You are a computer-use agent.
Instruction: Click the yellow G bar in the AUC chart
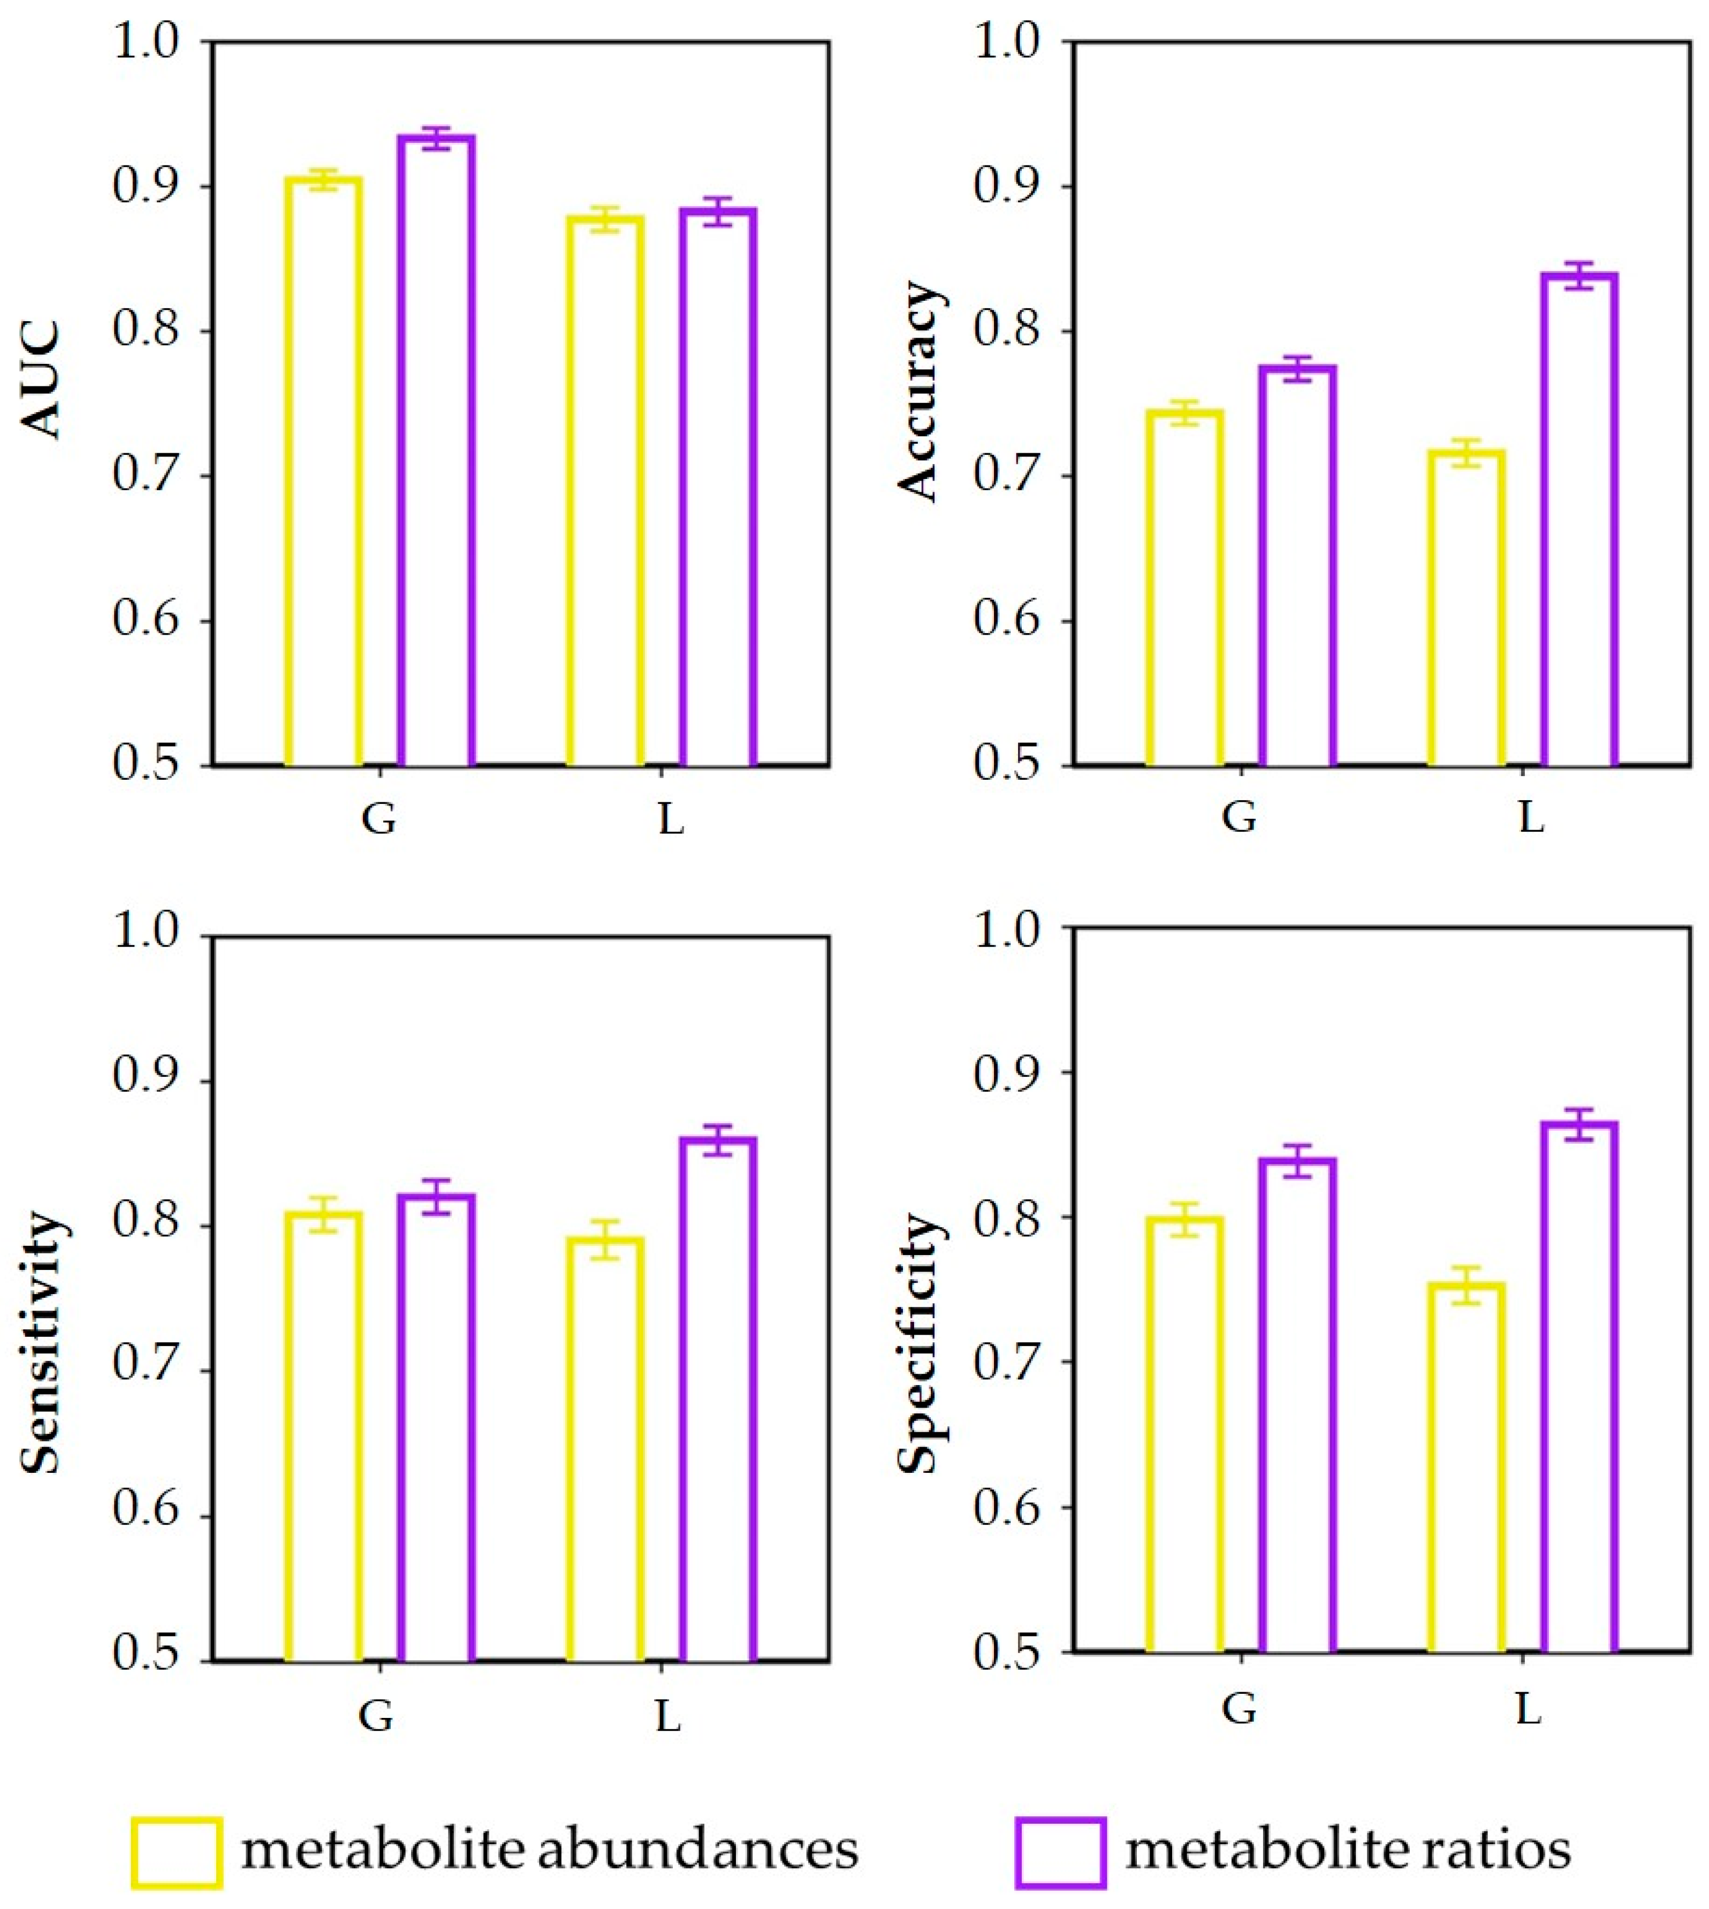[323, 469]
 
